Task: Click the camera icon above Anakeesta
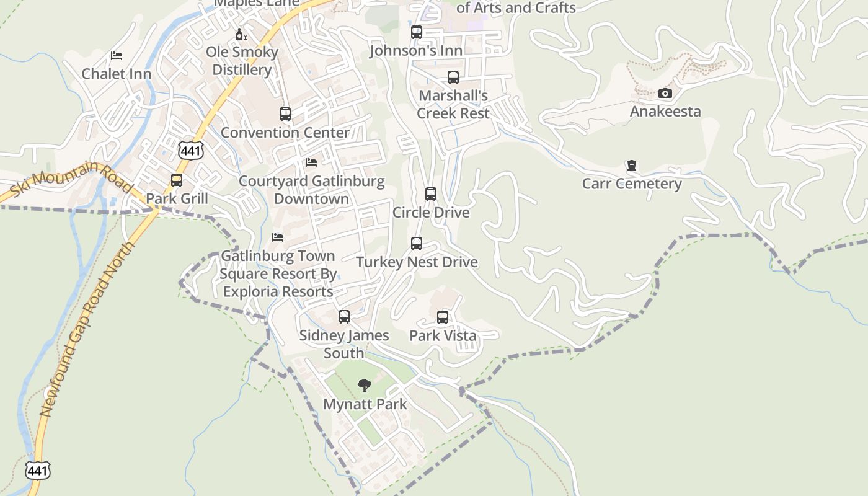click(x=665, y=94)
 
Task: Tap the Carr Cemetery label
click(x=631, y=184)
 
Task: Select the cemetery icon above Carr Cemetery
click(x=631, y=166)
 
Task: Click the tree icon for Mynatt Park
click(x=365, y=386)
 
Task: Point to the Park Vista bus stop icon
click(x=443, y=317)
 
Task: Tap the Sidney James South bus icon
click(x=344, y=317)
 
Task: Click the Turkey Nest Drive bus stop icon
click(x=417, y=244)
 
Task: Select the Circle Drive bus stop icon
click(x=431, y=194)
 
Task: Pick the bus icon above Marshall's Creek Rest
click(x=453, y=77)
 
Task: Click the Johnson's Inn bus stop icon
click(x=417, y=32)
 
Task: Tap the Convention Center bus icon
click(x=285, y=114)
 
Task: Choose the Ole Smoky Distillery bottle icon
click(x=241, y=34)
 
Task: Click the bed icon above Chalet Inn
click(x=117, y=56)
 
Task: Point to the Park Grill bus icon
click(x=177, y=180)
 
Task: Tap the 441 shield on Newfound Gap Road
click(x=37, y=470)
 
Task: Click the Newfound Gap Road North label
click(x=87, y=329)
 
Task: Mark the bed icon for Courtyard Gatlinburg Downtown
click(x=311, y=162)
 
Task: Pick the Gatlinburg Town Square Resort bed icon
click(x=278, y=237)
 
